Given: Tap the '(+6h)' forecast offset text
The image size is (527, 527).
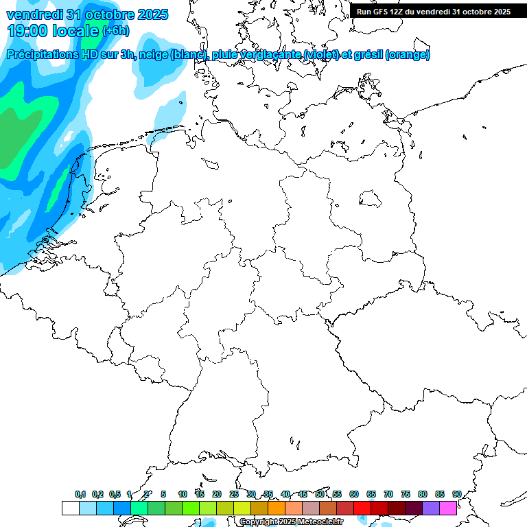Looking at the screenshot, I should pyautogui.click(x=115, y=31).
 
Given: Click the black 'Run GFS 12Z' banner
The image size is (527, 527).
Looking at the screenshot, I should pyautogui.click(x=433, y=12).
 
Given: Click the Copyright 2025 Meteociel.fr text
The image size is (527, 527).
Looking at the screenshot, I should pyautogui.click(x=291, y=522).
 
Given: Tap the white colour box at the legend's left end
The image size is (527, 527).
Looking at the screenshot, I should pyautogui.click(x=70, y=508).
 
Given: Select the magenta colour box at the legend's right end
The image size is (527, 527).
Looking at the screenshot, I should pyautogui.click(x=447, y=508).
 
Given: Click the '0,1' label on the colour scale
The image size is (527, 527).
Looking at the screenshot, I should pyautogui.click(x=80, y=495).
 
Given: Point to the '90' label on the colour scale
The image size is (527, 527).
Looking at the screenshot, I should pyautogui.click(x=456, y=494).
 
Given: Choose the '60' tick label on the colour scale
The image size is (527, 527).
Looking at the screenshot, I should pyautogui.click(x=353, y=494).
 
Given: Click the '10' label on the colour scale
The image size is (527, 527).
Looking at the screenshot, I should pyautogui.click(x=182, y=494).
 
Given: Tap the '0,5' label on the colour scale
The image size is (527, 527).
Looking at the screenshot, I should pyautogui.click(x=115, y=495).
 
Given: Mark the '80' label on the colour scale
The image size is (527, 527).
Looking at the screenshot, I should pyautogui.click(x=422, y=494).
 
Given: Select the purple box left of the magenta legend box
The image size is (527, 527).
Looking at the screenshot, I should pyautogui.click(x=430, y=508).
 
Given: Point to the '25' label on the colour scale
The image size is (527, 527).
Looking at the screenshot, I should pyautogui.click(x=233, y=494).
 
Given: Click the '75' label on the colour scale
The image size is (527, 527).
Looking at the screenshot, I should pyautogui.click(x=405, y=494).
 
